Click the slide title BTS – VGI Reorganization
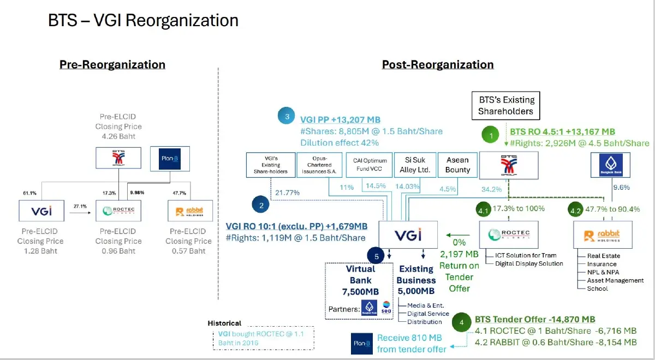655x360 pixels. pos(143,21)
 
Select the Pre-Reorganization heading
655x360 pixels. pos(112,64)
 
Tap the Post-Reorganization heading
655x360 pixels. pos(438,64)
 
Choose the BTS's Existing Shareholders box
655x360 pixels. pos(505,106)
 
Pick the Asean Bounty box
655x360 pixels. pos(457,165)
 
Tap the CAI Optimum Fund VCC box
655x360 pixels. pos(370,165)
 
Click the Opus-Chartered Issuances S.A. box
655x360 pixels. pos(319,165)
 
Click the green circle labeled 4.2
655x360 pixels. pos(576,208)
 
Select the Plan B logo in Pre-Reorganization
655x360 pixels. pos(170,159)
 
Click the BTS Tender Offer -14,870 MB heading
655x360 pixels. pos(535,320)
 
